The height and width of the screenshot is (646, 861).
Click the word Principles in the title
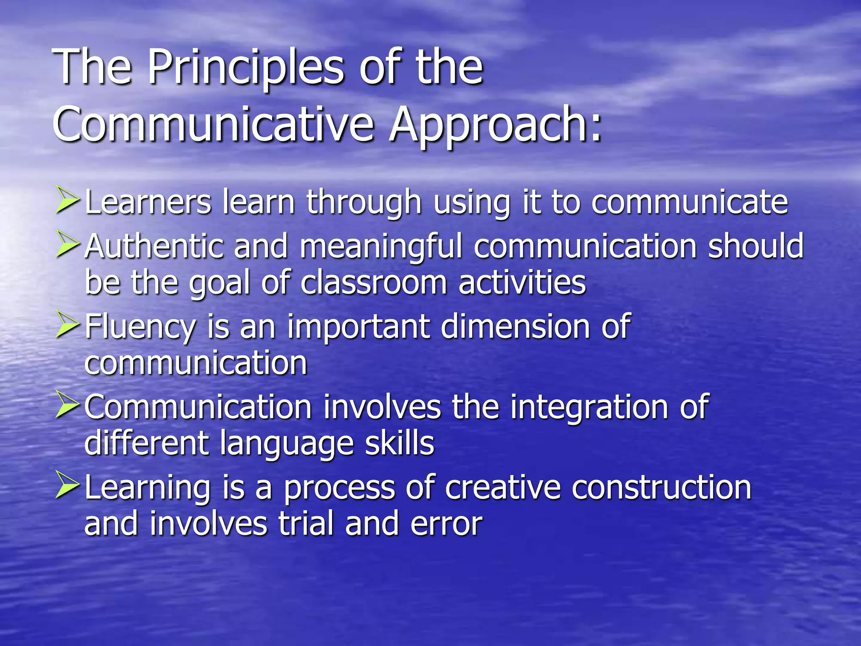(246, 67)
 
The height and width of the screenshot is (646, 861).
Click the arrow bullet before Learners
(67, 201)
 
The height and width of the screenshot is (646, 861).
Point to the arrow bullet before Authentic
(67, 245)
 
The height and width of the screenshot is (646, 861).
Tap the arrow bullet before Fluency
(67, 326)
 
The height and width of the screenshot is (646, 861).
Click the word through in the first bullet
(364, 203)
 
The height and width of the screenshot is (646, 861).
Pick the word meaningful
(380, 246)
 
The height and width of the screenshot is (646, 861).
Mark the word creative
(503, 488)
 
